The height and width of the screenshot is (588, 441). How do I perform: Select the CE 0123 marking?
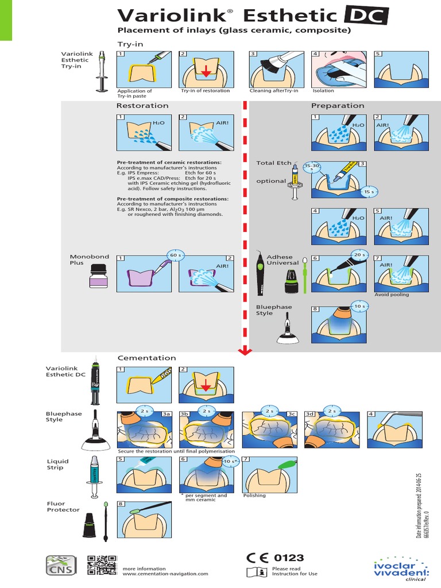click(x=274, y=558)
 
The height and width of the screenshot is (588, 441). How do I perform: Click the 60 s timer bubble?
click(x=174, y=254)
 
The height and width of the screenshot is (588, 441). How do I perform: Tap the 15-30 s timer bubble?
click(x=312, y=167)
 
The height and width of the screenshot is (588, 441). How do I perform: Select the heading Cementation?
click(x=146, y=358)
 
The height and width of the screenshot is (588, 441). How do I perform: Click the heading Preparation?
click(x=338, y=106)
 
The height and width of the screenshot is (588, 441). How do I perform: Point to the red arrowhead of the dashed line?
click(x=246, y=350)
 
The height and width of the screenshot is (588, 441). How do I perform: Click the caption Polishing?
click(x=254, y=495)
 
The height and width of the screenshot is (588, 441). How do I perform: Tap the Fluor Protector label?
click(x=63, y=506)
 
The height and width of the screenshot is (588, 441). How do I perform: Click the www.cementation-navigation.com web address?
click(x=165, y=573)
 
